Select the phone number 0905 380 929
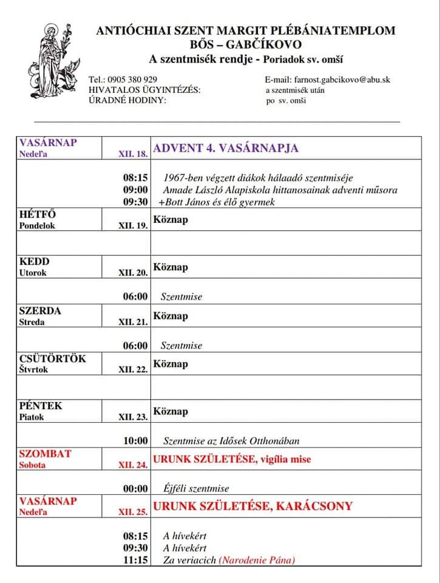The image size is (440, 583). pos(132,80)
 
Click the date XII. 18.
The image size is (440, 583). pos(133,154)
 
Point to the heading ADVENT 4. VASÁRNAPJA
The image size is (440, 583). pos(226,148)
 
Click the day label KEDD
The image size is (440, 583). pos(34,262)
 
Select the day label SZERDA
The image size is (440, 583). pos(40,311)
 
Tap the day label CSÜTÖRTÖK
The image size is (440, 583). pos(53,358)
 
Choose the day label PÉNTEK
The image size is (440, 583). pos(41,406)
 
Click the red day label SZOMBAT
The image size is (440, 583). pos(46,454)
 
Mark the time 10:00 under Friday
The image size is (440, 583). pos(135,441)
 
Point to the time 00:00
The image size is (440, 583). pos(135,488)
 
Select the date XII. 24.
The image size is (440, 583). pos(133,465)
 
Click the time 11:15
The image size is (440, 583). pos(135,560)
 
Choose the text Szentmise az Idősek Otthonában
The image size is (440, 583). pos(231,441)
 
